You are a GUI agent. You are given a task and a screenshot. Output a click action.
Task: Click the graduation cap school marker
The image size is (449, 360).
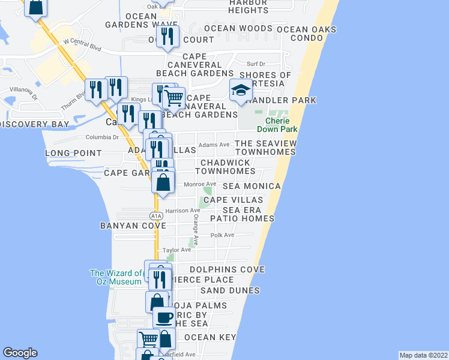[240, 91]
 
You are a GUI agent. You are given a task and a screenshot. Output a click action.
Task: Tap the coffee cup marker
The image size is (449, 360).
[164, 317]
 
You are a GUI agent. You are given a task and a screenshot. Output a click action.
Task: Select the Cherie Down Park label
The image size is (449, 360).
[277, 124]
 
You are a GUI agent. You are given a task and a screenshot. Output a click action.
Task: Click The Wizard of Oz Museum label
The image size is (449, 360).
[116, 277]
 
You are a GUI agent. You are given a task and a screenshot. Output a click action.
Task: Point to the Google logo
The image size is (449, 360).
[19, 353]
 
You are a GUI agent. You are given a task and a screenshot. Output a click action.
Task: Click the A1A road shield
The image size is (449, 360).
[155, 215]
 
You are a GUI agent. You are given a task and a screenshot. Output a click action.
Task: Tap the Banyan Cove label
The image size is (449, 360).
[125, 226]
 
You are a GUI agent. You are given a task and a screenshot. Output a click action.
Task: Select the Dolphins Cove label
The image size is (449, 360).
[227, 270]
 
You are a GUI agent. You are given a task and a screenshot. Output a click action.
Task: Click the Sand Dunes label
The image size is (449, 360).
[230, 290]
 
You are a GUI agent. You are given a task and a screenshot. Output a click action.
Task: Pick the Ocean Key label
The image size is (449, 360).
[210, 338]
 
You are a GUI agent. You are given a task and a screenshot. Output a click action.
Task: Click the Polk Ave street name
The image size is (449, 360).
[223, 235]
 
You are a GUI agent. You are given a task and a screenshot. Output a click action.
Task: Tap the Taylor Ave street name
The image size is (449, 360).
[177, 250]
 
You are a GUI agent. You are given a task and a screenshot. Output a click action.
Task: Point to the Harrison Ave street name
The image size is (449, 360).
[182, 211]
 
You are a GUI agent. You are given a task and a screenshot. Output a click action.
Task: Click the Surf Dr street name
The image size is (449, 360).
[256, 64]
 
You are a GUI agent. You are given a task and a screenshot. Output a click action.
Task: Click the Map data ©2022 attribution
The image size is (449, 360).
[423, 355]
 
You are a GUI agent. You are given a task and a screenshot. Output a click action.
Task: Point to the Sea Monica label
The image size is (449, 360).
[252, 187]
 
